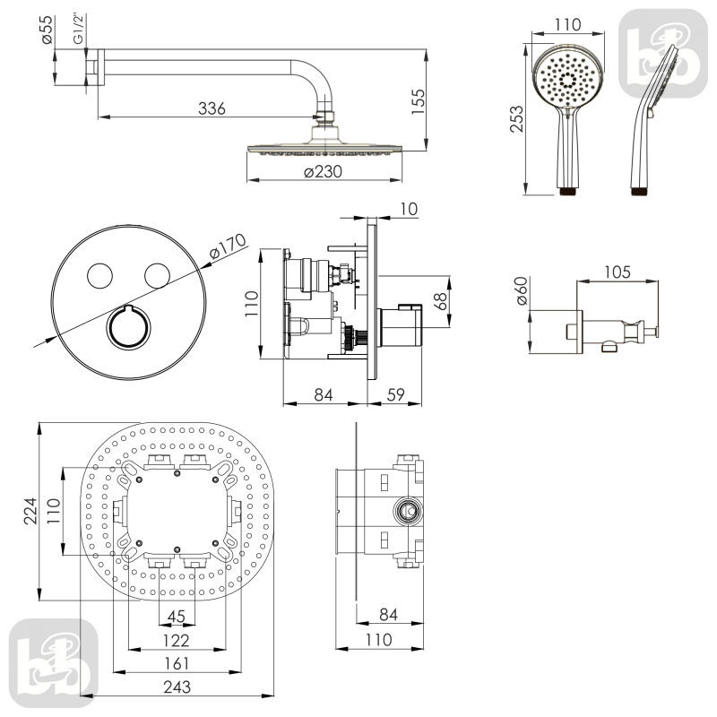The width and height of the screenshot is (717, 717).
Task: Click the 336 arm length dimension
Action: [x=212, y=108]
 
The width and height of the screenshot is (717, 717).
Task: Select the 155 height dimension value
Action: [x=418, y=99]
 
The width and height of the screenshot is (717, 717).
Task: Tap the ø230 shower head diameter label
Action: [x=324, y=173]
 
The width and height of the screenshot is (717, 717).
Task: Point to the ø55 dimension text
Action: [x=48, y=34]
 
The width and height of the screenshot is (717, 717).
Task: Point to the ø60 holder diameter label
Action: [x=523, y=289]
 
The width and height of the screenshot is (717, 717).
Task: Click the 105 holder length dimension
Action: [x=618, y=272]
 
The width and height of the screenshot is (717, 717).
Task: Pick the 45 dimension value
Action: [x=177, y=616]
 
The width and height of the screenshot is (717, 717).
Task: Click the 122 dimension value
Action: [x=177, y=640]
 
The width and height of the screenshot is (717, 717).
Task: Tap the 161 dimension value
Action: [x=177, y=663]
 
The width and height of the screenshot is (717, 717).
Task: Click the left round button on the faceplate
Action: [x=99, y=276]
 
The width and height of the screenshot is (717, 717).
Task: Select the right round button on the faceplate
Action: [x=157, y=276]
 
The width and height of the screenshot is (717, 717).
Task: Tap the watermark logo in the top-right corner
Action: [x=662, y=53]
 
